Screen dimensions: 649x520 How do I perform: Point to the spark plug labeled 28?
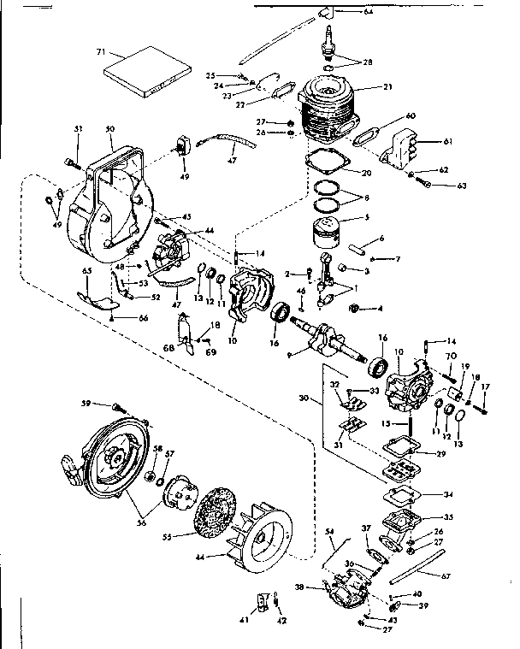pyautogui.click(x=328, y=43)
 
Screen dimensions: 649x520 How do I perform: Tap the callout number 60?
pyautogui.click(x=411, y=115)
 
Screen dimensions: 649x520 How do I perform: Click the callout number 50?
pyautogui.click(x=109, y=128)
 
